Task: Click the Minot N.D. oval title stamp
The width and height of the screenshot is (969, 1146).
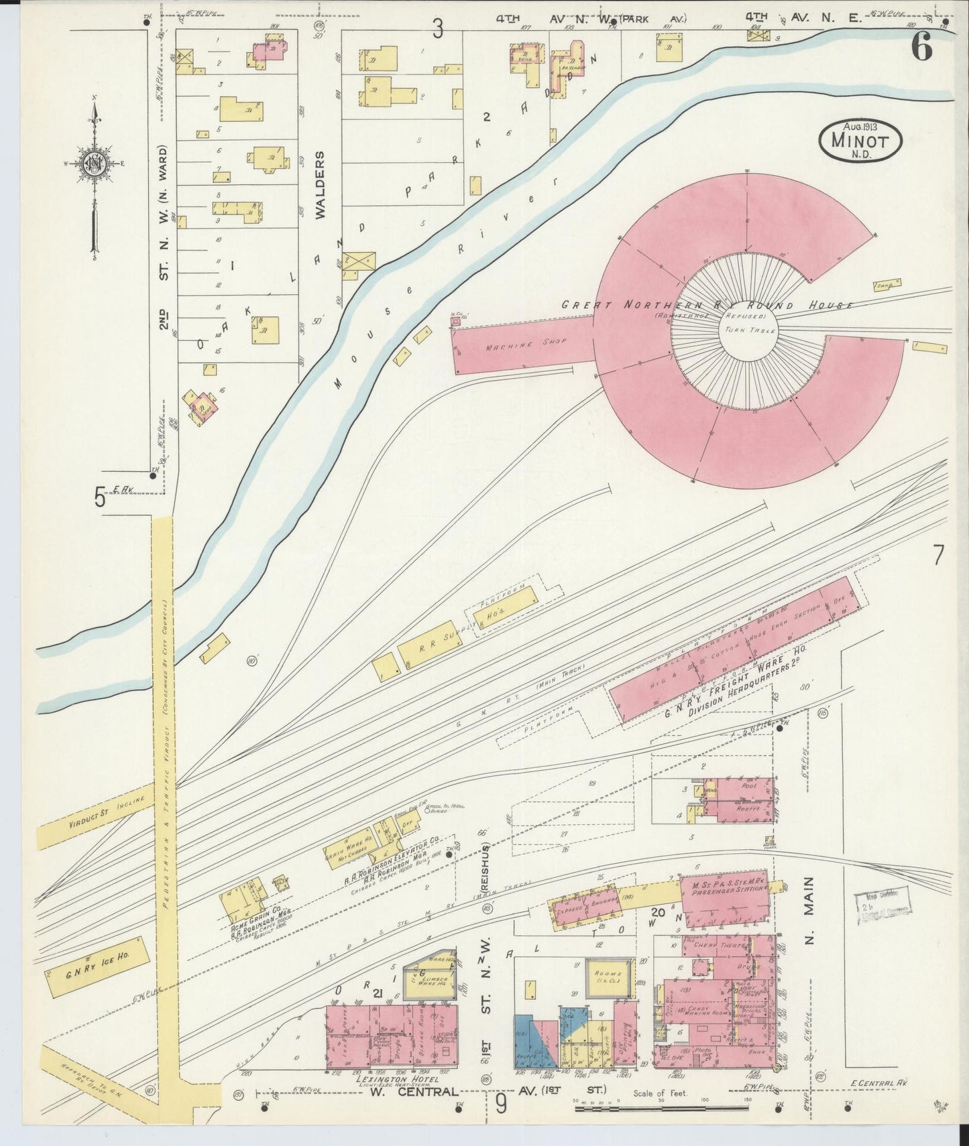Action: coord(860,141)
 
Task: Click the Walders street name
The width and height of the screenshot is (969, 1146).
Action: coord(320,185)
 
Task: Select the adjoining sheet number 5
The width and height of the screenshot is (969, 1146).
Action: coord(100,498)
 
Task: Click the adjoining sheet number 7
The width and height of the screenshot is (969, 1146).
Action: coord(937,555)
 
